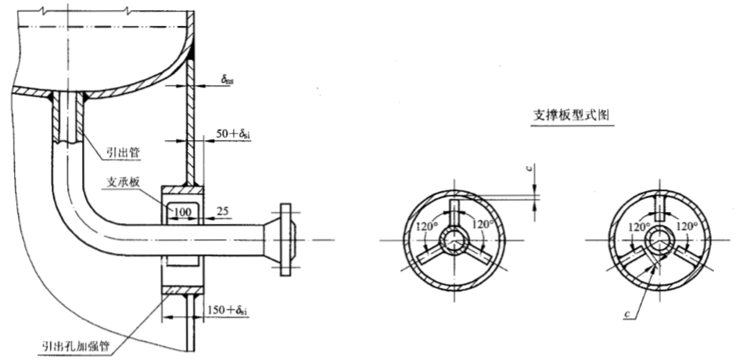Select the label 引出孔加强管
(x=75, y=346)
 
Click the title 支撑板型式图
(x=571, y=115)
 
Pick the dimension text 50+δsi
(x=233, y=135)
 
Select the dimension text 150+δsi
(x=227, y=311)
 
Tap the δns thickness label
(x=227, y=79)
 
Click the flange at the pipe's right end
(x=285, y=239)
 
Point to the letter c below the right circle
(x=627, y=314)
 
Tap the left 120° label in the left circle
(x=426, y=226)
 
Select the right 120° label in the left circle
(x=483, y=224)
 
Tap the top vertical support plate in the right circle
(x=659, y=207)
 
